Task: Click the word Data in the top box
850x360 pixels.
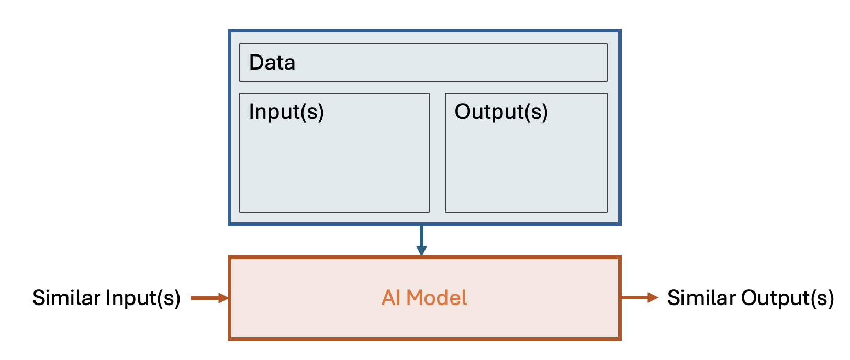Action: [272, 63]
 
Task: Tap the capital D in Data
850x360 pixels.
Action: [256, 63]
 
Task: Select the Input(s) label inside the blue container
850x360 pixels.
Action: [286, 112]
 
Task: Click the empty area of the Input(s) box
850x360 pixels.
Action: [334, 167]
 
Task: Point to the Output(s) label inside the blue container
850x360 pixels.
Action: [501, 112]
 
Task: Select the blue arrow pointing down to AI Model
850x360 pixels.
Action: [421, 239]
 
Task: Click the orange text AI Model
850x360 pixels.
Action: [424, 298]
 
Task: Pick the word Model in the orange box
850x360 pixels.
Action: [437, 298]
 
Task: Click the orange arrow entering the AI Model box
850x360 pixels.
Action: [209, 298]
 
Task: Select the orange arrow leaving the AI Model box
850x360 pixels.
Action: [639, 298]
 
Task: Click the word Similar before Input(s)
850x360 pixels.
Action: [66, 298]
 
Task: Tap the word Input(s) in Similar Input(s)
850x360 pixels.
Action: [143, 298]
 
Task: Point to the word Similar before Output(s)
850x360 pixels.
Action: [701, 298]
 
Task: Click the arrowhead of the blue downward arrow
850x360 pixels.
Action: [421, 251]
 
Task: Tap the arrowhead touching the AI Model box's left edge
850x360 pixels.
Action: [223, 298]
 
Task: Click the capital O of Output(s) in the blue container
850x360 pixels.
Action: [463, 112]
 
